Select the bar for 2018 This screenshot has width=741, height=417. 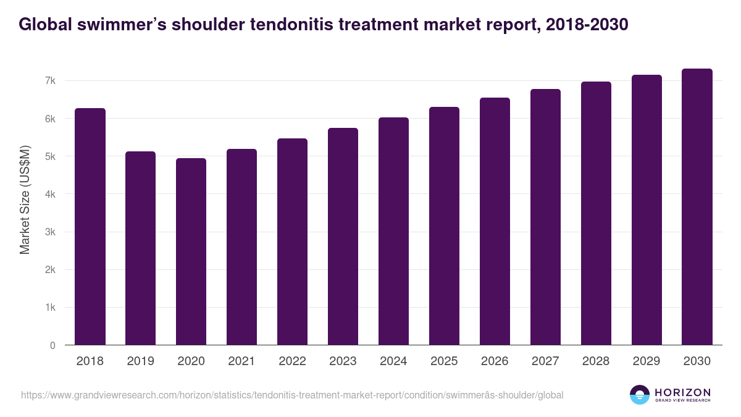tap(90, 227)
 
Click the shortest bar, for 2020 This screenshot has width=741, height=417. tap(191, 251)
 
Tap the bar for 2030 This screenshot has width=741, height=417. tap(697, 207)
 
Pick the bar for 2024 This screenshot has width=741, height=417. tap(393, 231)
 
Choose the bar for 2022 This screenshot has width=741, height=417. tap(292, 242)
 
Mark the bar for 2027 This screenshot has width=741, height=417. tap(545, 217)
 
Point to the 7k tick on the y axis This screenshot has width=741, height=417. tap(50, 81)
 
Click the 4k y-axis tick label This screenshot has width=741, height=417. tap(50, 194)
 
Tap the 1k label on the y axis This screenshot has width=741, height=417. tap(50, 308)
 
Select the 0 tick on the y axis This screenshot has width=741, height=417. tap(53, 345)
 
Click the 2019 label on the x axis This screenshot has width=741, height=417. tap(140, 361)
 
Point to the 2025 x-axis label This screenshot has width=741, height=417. tap(444, 361)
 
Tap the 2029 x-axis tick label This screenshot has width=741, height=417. tap(647, 361)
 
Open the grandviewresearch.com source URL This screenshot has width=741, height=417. tap(292, 395)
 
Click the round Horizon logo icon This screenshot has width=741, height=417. tap(640, 395)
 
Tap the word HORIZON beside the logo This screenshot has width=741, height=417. tap(682, 392)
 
